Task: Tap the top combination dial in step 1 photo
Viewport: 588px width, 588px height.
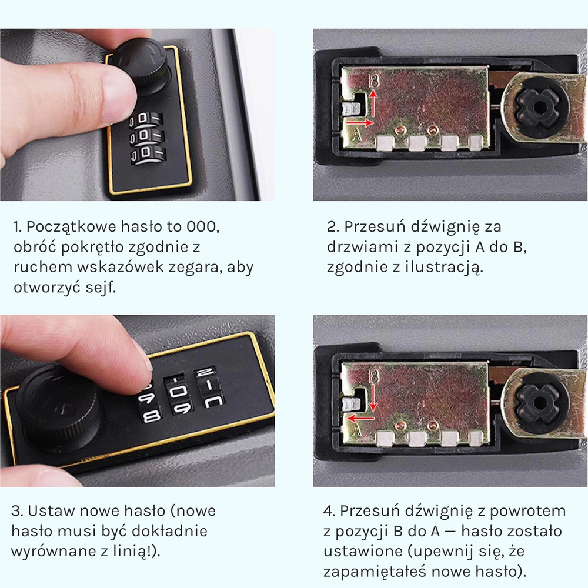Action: tap(146, 119)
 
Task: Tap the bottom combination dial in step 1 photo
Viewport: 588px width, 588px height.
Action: tap(148, 154)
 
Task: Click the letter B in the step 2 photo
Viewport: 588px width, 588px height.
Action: tap(374, 80)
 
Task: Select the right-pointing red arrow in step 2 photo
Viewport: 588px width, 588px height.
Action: tap(360, 122)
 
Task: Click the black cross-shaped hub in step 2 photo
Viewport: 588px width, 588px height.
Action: tap(538, 107)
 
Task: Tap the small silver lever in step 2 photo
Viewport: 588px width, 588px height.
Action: tap(352, 109)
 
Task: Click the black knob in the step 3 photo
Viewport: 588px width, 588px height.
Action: tap(60, 409)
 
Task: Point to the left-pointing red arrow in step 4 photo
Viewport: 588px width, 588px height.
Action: tap(360, 418)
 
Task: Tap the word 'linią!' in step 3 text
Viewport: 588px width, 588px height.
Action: tap(136, 552)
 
